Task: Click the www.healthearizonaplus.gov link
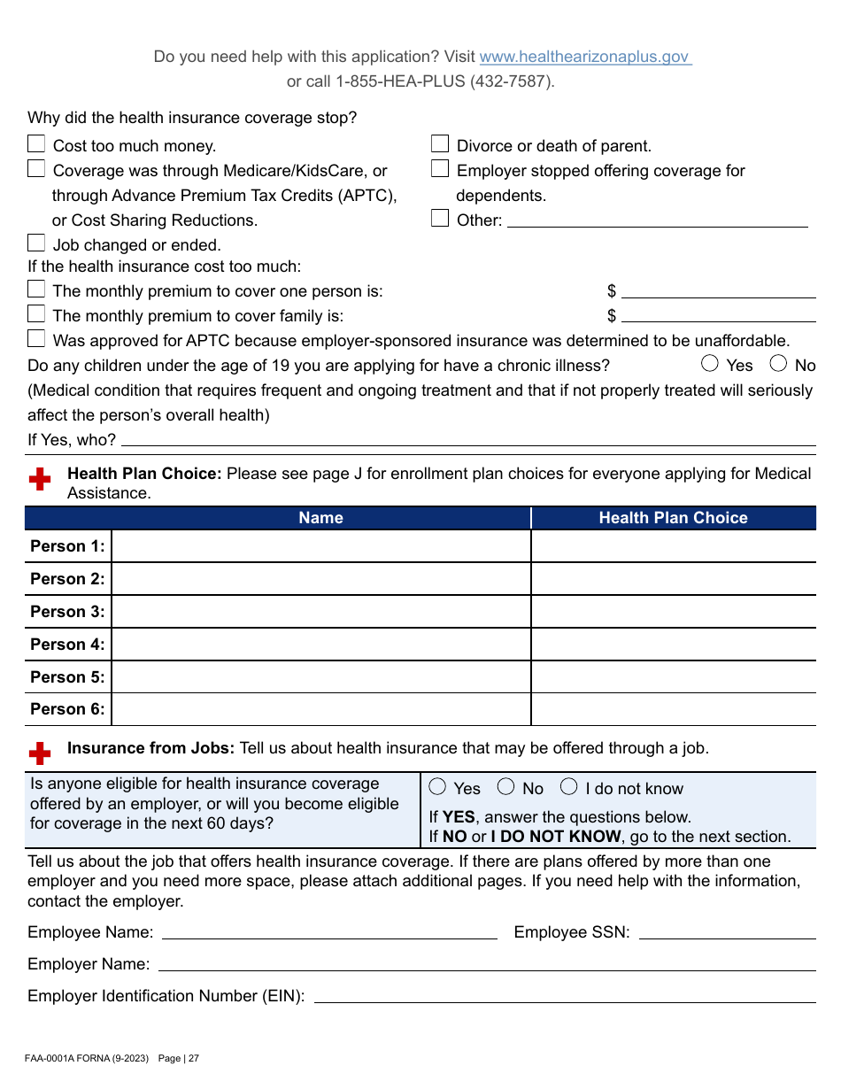(584, 57)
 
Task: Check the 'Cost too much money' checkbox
(36, 144)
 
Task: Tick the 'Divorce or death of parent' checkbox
(440, 144)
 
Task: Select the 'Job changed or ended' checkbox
(36, 243)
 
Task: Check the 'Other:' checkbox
(440, 219)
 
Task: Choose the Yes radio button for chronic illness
(710, 363)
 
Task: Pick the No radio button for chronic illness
(778, 363)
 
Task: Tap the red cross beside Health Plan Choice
(40, 480)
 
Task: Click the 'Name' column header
(320, 518)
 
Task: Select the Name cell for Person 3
(320, 612)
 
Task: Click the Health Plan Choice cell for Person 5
(673, 677)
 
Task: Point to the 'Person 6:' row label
(67, 709)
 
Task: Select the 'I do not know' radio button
(569, 787)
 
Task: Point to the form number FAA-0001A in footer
(57, 1058)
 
